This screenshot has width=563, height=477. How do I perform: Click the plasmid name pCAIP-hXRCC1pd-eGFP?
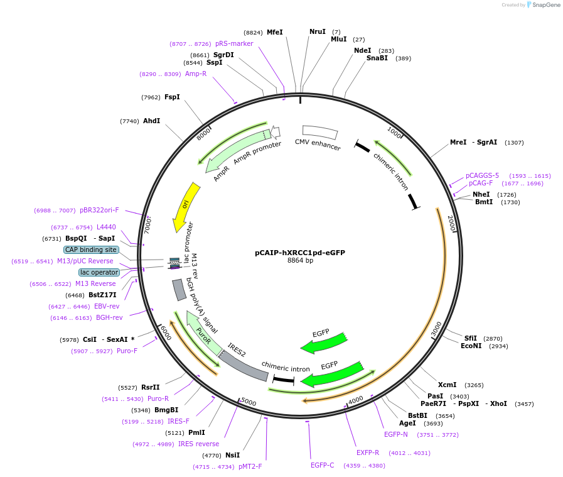299,253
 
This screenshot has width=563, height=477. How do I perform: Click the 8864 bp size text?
300,261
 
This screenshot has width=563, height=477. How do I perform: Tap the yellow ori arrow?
186,206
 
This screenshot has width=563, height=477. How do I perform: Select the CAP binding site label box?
91,249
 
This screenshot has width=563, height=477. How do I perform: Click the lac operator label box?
99,272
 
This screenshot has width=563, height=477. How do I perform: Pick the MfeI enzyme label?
275,32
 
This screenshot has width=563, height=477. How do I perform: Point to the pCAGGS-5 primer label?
482,176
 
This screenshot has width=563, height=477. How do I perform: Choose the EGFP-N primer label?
396,434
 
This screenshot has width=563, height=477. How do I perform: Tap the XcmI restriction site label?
448,385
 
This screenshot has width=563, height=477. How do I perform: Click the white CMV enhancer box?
320,132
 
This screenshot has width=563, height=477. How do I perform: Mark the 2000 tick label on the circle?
450,222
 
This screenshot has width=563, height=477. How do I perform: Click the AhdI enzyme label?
151,121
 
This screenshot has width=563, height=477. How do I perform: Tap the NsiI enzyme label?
232,455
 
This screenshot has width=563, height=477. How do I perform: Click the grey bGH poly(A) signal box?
178,289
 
